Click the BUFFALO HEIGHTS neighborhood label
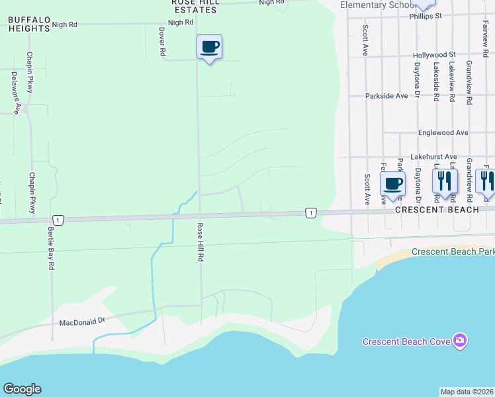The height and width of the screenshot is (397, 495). point(29,24)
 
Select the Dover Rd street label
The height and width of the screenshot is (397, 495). point(161,42)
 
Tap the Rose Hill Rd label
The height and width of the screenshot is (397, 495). point(199,242)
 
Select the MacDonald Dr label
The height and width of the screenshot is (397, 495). point(83,323)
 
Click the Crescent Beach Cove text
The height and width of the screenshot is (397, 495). point(406,341)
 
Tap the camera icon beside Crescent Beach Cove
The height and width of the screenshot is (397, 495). point(460,341)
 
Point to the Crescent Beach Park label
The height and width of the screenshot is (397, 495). point(453,251)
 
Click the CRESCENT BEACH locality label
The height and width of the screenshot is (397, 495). point(437,210)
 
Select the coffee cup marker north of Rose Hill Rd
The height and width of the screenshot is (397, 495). point(209,48)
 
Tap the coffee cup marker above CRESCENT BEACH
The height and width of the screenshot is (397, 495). point(393,184)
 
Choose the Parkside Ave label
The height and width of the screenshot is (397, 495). point(387,96)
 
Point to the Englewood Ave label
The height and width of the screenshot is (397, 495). point(443,132)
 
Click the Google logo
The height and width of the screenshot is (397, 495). point(22,389)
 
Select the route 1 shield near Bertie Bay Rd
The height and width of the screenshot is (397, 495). point(58,220)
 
